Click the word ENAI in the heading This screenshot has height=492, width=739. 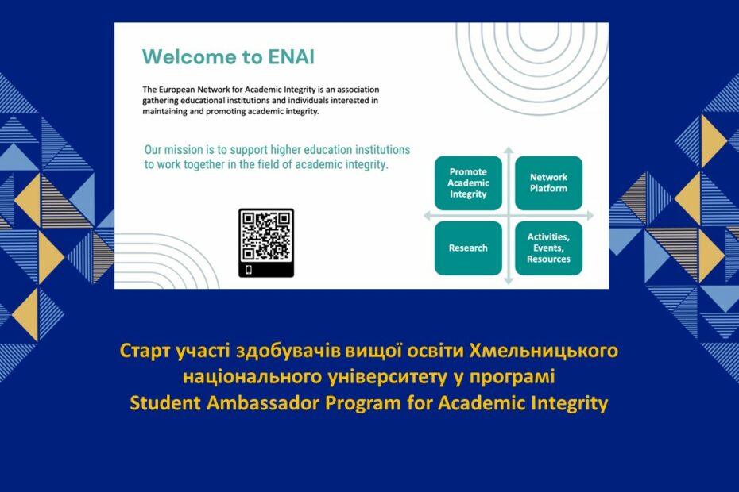(x=291, y=57)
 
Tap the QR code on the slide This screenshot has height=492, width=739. (x=266, y=236)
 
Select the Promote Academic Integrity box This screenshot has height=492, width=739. (x=468, y=183)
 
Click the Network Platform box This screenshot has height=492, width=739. (x=548, y=183)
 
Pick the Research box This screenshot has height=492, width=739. (x=468, y=248)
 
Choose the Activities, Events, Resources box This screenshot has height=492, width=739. (x=548, y=248)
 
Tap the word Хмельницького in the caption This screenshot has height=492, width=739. (x=544, y=351)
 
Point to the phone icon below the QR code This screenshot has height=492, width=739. (x=249, y=270)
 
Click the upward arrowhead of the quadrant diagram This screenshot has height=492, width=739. (x=509, y=151)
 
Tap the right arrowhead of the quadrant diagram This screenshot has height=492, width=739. (x=590, y=216)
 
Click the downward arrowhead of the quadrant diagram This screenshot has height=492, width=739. (x=509, y=281)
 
